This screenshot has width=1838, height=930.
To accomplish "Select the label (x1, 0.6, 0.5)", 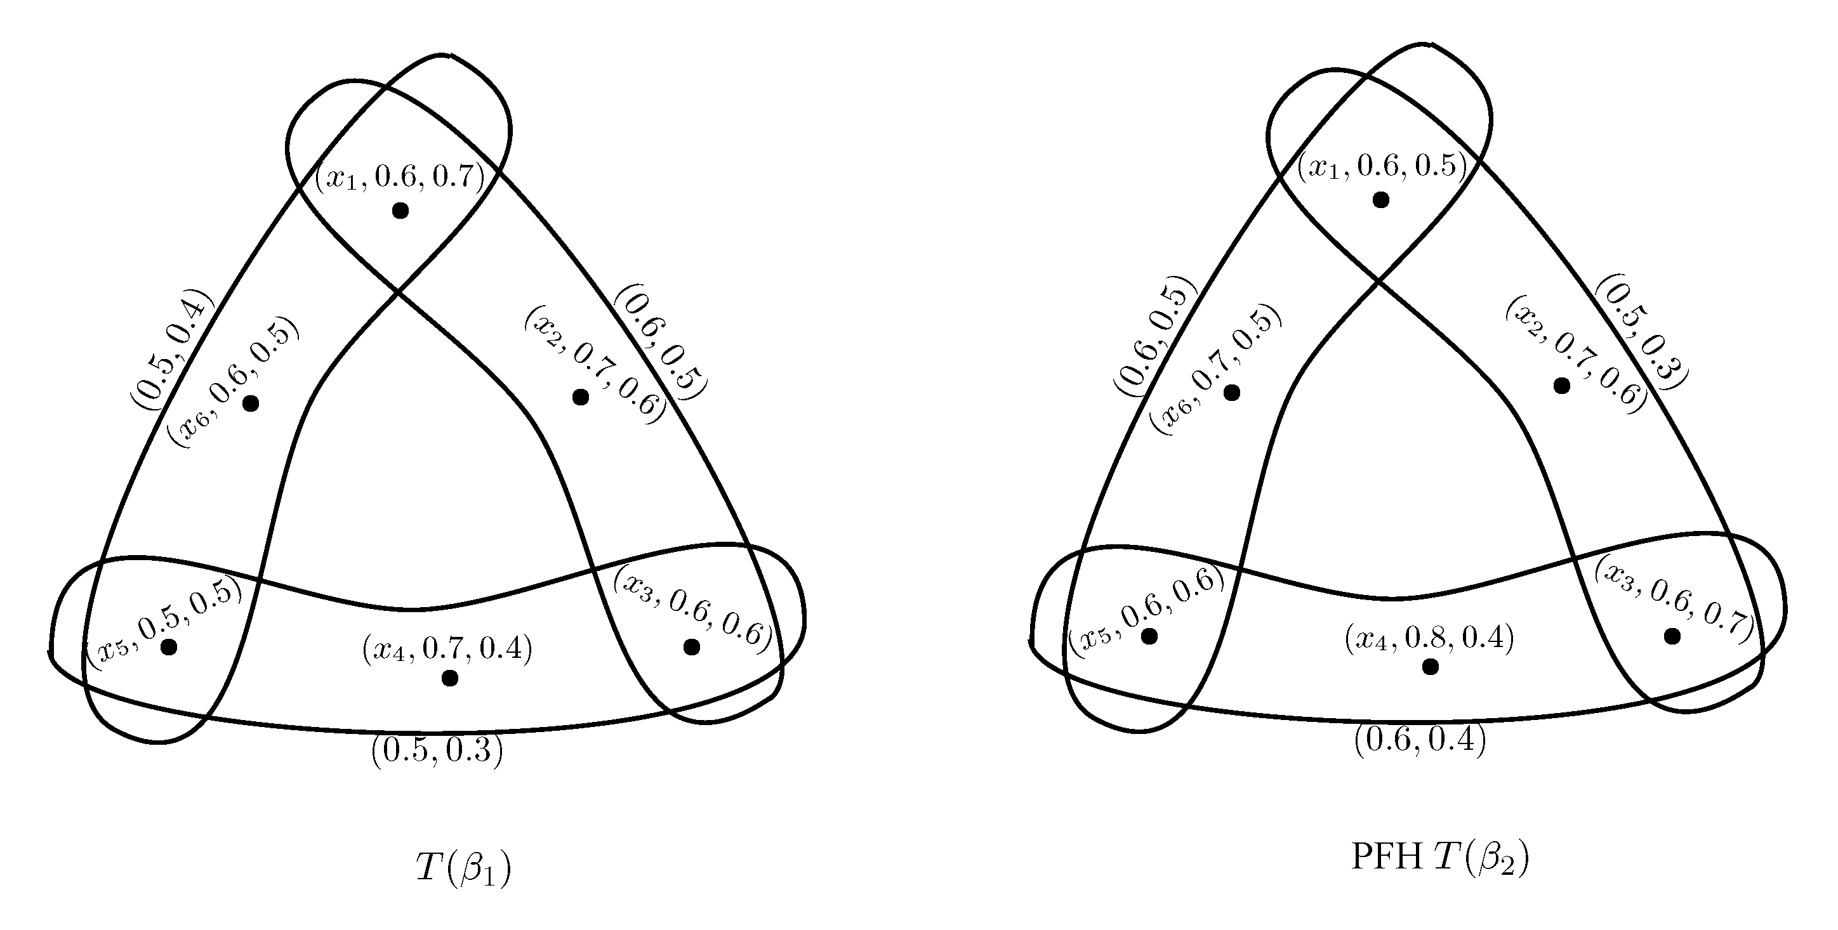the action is (x=1381, y=166).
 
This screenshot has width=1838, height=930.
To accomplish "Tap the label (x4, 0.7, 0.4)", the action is (x=447, y=649).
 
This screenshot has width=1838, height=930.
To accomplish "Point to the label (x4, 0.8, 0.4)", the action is (x=1429, y=638).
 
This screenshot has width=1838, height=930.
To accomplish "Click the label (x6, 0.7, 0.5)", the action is (x=1215, y=372).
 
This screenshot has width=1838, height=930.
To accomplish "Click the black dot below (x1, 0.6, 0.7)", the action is (x=400, y=211).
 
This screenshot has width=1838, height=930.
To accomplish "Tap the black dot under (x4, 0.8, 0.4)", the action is (x=1430, y=667).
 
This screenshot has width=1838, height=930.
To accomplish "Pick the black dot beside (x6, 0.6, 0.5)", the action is (x=251, y=403).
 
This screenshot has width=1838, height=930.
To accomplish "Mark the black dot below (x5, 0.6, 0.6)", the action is (x=1149, y=636).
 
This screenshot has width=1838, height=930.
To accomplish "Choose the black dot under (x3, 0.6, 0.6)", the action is (x=691, y=647).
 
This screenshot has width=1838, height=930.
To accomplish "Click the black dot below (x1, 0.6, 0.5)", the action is (x=1380, y=200).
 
